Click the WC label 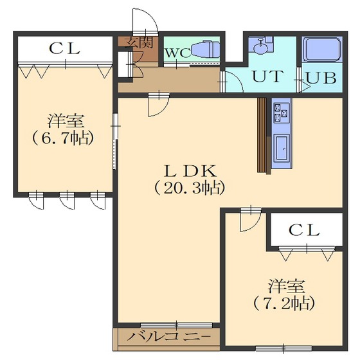[178, 53]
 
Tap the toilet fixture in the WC [205, 49]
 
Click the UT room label [267, 76]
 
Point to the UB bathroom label [321, 78]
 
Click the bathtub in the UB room [322, 49]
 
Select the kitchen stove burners [281, 113]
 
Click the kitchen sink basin [282, 148]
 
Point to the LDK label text [190, 171]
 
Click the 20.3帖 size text [190, 188]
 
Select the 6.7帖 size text [64, 138]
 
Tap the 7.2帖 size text [284, 303]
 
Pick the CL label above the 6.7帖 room [65, 49]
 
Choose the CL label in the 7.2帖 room [305, 230]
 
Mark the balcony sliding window [176, 325]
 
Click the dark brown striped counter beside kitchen [262, 135]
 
